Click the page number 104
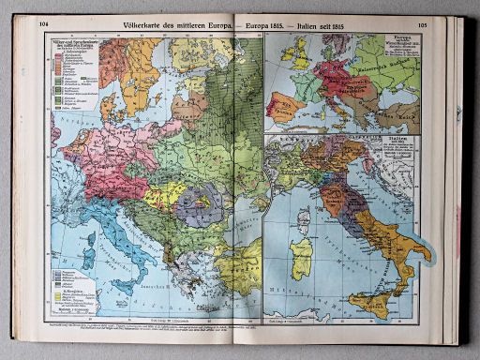click(x=43, y=27)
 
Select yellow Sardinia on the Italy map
click(x=303, y=254)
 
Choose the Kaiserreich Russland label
click(x=372, y=67)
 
